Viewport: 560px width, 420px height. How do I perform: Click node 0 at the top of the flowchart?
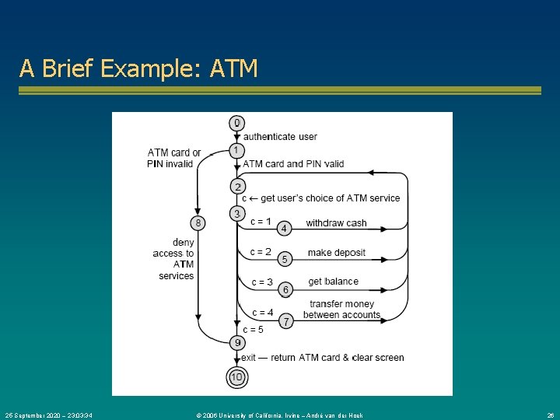coord(237,123)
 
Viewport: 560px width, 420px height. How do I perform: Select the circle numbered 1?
coord(237,150)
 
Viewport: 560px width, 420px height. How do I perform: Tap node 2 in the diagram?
coord(237,187)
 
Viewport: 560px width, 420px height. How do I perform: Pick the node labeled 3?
coord(237,213)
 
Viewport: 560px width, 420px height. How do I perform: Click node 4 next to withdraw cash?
coord(285,228)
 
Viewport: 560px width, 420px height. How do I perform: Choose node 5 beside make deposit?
coord(285,258)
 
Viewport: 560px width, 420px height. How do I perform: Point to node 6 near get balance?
coord(285,289)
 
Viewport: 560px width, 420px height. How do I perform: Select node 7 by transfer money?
coord(285,320)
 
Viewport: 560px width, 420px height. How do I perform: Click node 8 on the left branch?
coord(198,222)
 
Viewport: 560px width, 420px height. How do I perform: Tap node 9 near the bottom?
coord(237,342)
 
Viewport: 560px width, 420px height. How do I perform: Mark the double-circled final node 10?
coord(237,377)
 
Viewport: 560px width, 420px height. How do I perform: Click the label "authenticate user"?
coord(280,137)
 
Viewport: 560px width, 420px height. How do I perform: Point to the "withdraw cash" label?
coord(336,223)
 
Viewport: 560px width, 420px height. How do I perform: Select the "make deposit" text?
coord(336,253)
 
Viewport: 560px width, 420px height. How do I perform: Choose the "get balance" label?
coord(334,282)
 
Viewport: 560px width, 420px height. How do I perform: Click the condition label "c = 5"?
coord(253,330)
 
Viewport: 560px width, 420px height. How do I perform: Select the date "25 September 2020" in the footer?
coord(39,415)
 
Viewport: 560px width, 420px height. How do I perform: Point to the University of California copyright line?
coord(280,415)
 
